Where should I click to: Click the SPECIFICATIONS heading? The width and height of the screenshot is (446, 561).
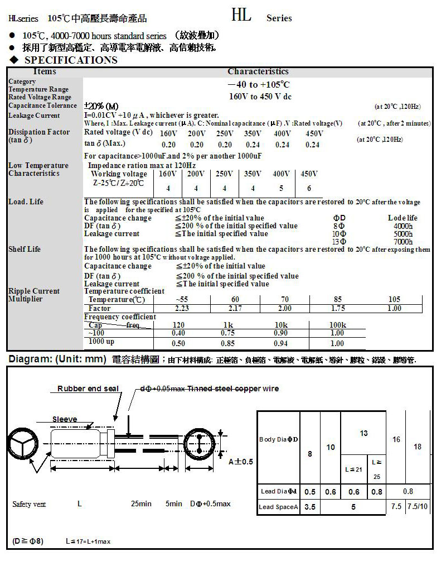tap(71, 60)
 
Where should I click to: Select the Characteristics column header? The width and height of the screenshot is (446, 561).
tap(258, 71)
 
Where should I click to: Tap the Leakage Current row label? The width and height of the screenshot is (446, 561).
tap(34, 116)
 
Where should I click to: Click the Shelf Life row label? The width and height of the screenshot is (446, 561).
tap(25, 249)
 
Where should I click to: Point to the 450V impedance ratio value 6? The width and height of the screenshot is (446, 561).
tap(309, 188)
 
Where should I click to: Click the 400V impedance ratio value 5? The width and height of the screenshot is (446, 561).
tap(281, 188)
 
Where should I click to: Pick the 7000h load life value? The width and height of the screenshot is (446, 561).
tap(403, 242)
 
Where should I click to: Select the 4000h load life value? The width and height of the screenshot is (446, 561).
tap(403, 226)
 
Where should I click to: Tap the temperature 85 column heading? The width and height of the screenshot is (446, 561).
tap(337, 300)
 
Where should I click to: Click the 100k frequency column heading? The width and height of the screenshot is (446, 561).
tap(337, 325)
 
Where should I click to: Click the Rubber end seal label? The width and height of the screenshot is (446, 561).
tap(88, 389)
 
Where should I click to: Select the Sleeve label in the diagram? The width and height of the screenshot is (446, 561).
tap(65, 419)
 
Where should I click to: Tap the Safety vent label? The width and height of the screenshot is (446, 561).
tap(29, 504)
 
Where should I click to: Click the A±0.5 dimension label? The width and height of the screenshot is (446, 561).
tap(241, 462)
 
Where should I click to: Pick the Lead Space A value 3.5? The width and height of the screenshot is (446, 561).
tap(310, 507)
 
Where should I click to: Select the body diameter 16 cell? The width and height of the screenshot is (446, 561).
tap(396, 439)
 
